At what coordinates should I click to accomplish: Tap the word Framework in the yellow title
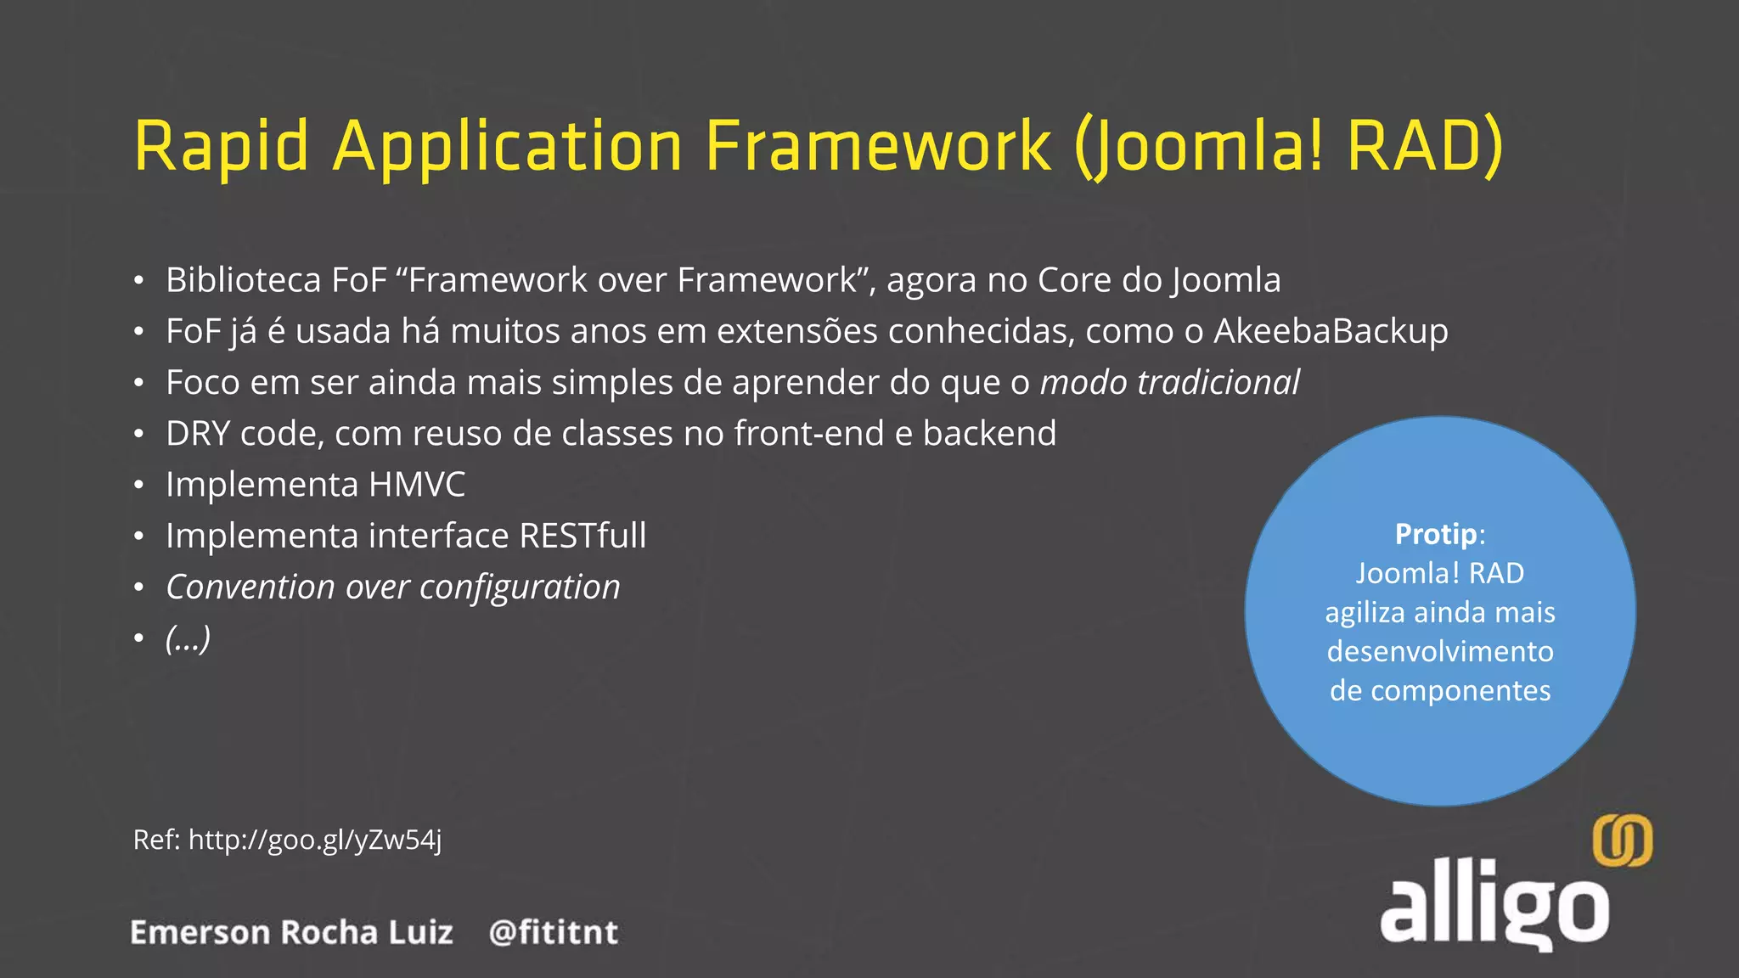[878, 146]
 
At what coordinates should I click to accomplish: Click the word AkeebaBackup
[1331, 331]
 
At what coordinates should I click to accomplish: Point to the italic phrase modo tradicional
[1169, 383]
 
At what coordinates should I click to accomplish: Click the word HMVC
[417, 485]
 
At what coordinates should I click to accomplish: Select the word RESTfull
[582, 536]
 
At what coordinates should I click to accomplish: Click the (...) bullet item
[188, 638]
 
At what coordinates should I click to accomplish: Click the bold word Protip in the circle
[1435, 534]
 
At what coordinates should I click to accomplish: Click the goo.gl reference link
[314, 840]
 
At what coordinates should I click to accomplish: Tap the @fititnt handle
[554, 932]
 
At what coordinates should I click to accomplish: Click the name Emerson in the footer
[200, 932]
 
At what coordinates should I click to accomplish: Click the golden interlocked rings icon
[1622, 840]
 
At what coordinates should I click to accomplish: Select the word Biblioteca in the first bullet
[243, 280]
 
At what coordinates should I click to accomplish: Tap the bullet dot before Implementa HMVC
[138, 486]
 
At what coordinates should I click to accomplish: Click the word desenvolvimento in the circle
[1440, 652]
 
